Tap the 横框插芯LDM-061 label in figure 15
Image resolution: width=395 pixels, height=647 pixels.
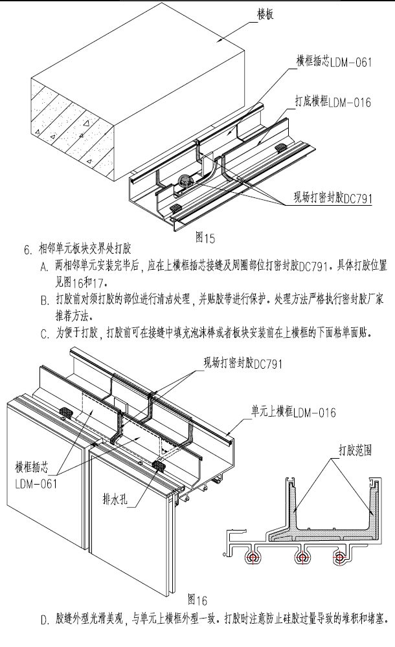click(324, 63)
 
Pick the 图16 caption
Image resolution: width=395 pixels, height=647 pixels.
click(196, 597)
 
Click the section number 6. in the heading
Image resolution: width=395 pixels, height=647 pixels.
click(27, 248)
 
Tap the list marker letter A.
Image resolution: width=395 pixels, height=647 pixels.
click(44, 267)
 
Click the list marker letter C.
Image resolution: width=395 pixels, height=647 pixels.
click(44, 334)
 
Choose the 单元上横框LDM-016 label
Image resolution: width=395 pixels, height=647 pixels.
click(294, 413)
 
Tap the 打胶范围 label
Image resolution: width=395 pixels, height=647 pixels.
click(354, 449)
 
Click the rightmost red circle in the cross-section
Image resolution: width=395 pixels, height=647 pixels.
click(338, 557)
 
